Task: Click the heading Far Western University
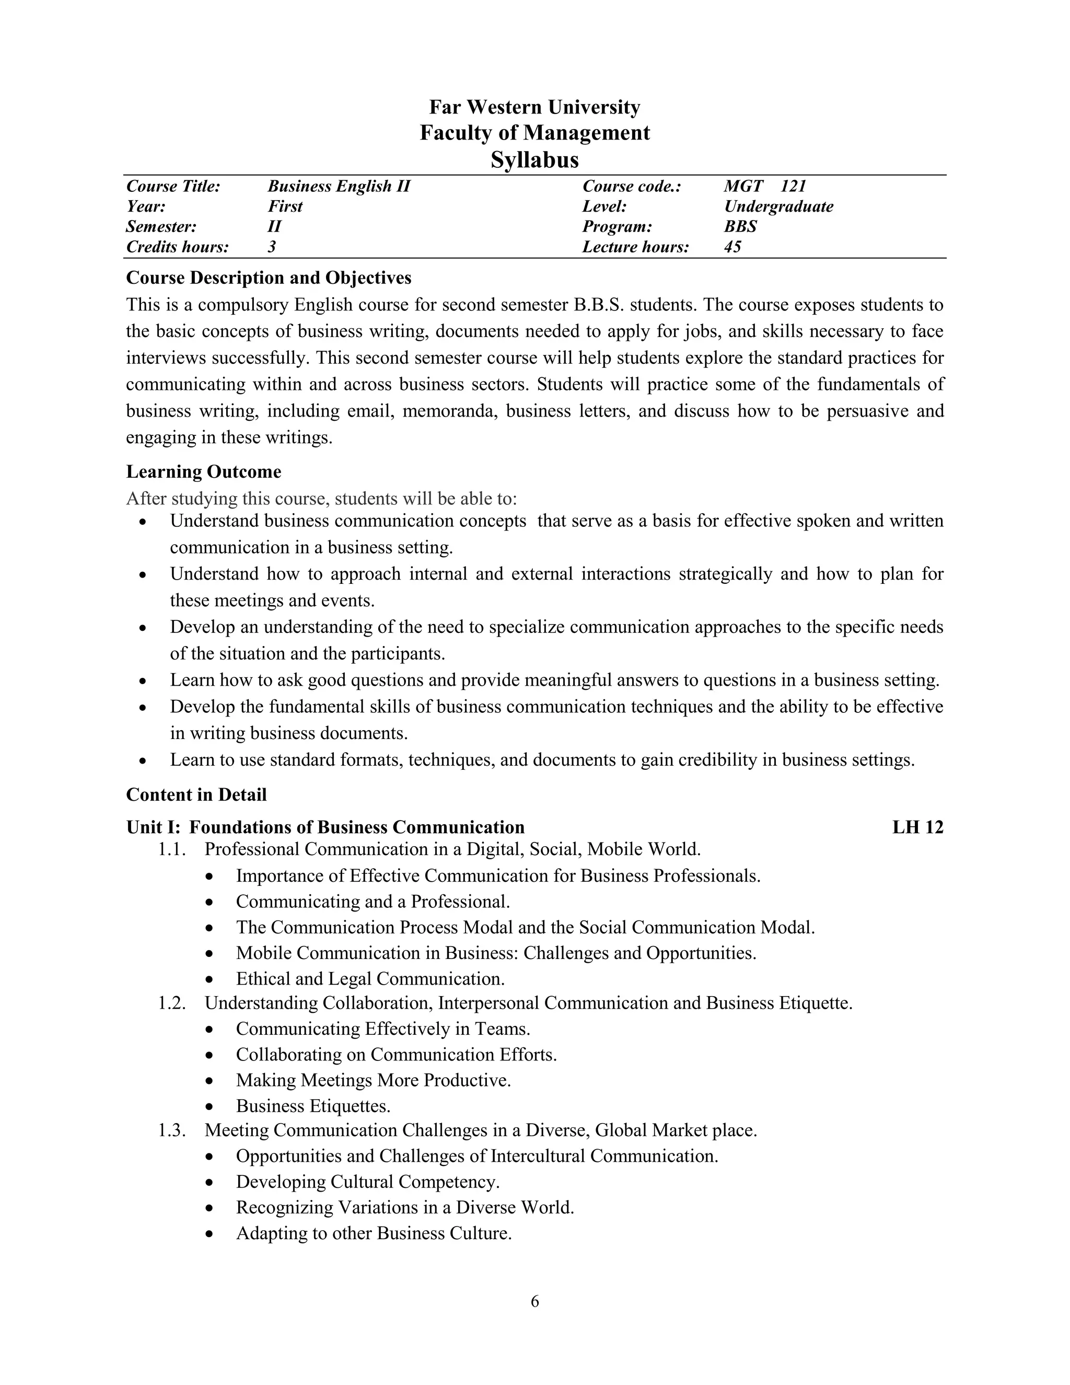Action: pyautogui.click(x=534, y=107)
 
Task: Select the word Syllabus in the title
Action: pyautogui.click(x=534, y=160)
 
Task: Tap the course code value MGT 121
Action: pyautogui.click(x=764, y=187)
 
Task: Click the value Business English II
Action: pyautogui.click(x=339, y=187)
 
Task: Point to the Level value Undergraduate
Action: pyautogui.click(x=778, y=207)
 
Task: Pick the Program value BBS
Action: pyautogui.click(x=740, y=227)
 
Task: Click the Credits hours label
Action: pyautogui.click(x=178, y=247)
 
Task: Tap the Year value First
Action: pyautogui.click(x=285, y=207)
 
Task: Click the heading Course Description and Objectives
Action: pyautogui.click(x=269, y=278)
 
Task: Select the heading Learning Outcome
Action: pyautogui.click(x=203, y=472)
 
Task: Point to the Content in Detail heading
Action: pyautogui.click(x=196, y=794)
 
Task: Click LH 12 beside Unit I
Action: pyautogui.click(x=917, y=827)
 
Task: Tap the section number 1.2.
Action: pyautogui.click(x=172, y=1003)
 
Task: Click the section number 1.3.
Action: pyautogui.click(x=172, y=1130)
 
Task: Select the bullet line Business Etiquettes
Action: pyautogui.click(x=313, y=1106)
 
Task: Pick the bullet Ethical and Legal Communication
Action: pyautogui.click(x=370, y=978)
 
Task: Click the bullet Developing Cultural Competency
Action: pyautogui.click(x=368, y=1182)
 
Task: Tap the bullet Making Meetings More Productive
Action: pyautogui.click(x=374, y=1080)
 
